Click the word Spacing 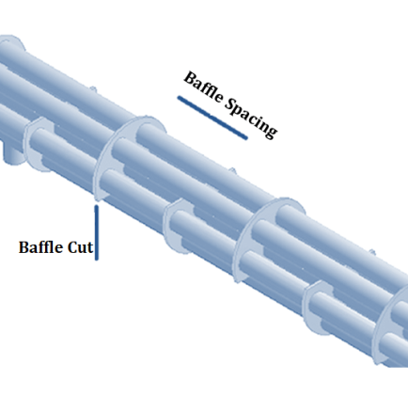pyautogui.click(x=252, y=118)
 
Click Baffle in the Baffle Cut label pyautogui.click(x=41, y=247)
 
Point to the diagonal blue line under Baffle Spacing pyautogui.click(x=212, y=118)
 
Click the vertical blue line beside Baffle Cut pyautogui.click(x=97, y=232)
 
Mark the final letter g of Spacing pyautogui.click(x=271, y=130)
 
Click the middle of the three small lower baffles pyautogui.click(x=171, y=224)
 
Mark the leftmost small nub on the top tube pyautogui.click(x=93, y=89)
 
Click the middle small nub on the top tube pyautogui.click(x=232, y=171)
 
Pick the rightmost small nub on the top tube pyautogui.click(x=371, y=252)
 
